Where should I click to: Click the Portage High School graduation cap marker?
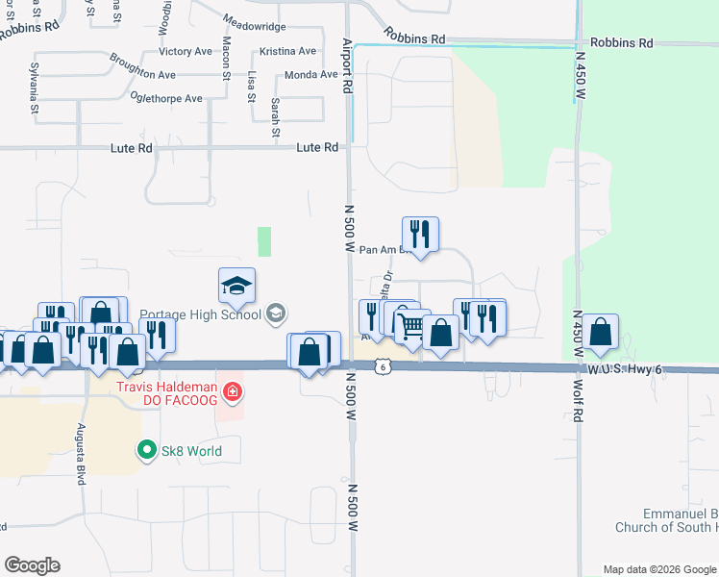click(x=237, y=285)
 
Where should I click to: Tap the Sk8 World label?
click(x=191, y=450)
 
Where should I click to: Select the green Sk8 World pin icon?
click(x=146, y=450)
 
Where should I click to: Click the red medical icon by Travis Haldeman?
click(x=231, y=391)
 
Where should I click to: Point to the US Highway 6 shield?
click(x=383, y=366)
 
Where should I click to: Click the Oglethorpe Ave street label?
click(x=167, y=98)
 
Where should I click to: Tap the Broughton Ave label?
click(x=142, y=74)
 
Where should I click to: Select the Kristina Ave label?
click(x=287, y=51)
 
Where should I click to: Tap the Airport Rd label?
click(x=348, y=63)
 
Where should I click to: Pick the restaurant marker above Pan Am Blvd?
click(x=420, y=234)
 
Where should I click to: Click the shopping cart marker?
click(x=410, y=326)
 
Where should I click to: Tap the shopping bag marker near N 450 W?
click(x=600, y=332)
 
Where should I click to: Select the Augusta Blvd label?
click(x=82, y=453)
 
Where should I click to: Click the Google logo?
click(x=32, y=565)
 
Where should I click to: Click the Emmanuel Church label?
click(x=664, y=520)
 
